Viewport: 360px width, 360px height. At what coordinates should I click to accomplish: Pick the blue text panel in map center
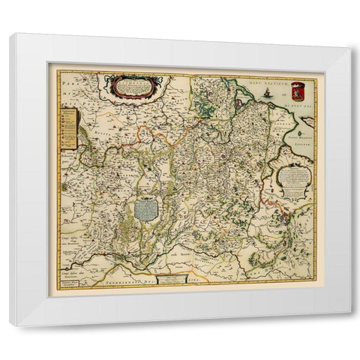pos(148,206)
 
